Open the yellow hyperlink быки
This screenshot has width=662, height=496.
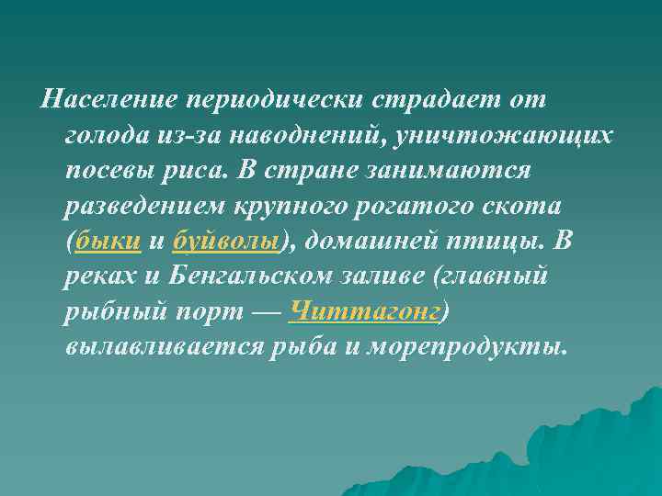[x=109, y=241]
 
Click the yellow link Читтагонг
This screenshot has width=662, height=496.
[x=364, y=311]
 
